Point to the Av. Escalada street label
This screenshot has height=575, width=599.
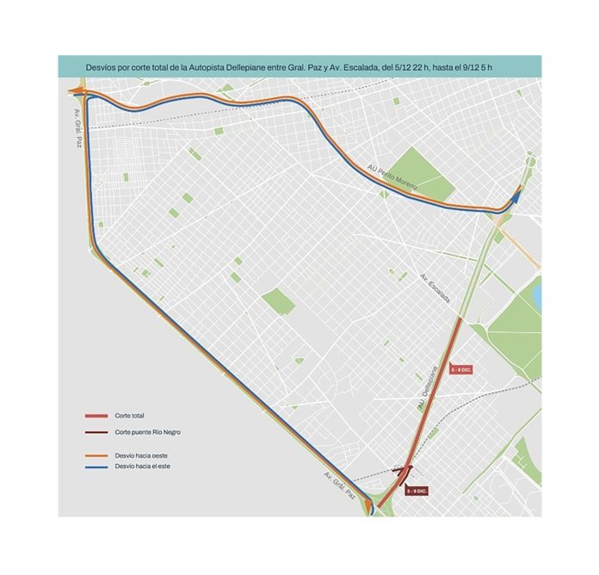[x=435, y=287]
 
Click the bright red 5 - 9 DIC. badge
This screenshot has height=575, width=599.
[x=461, y=368]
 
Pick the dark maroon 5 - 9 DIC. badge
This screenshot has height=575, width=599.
[x=417, y=490]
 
